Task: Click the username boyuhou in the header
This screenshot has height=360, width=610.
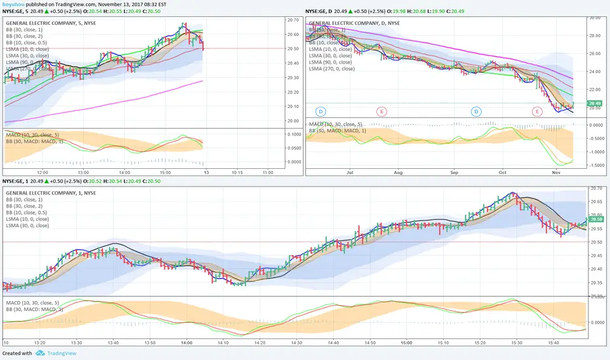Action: coord(14,3)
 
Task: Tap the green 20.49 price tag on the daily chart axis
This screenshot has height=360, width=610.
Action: coord(594,103)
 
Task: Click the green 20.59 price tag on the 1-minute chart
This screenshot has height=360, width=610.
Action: coord(595,219)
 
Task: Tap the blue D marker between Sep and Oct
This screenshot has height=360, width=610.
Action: coord(476,112)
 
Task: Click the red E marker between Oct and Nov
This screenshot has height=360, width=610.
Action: coord(537,112)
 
